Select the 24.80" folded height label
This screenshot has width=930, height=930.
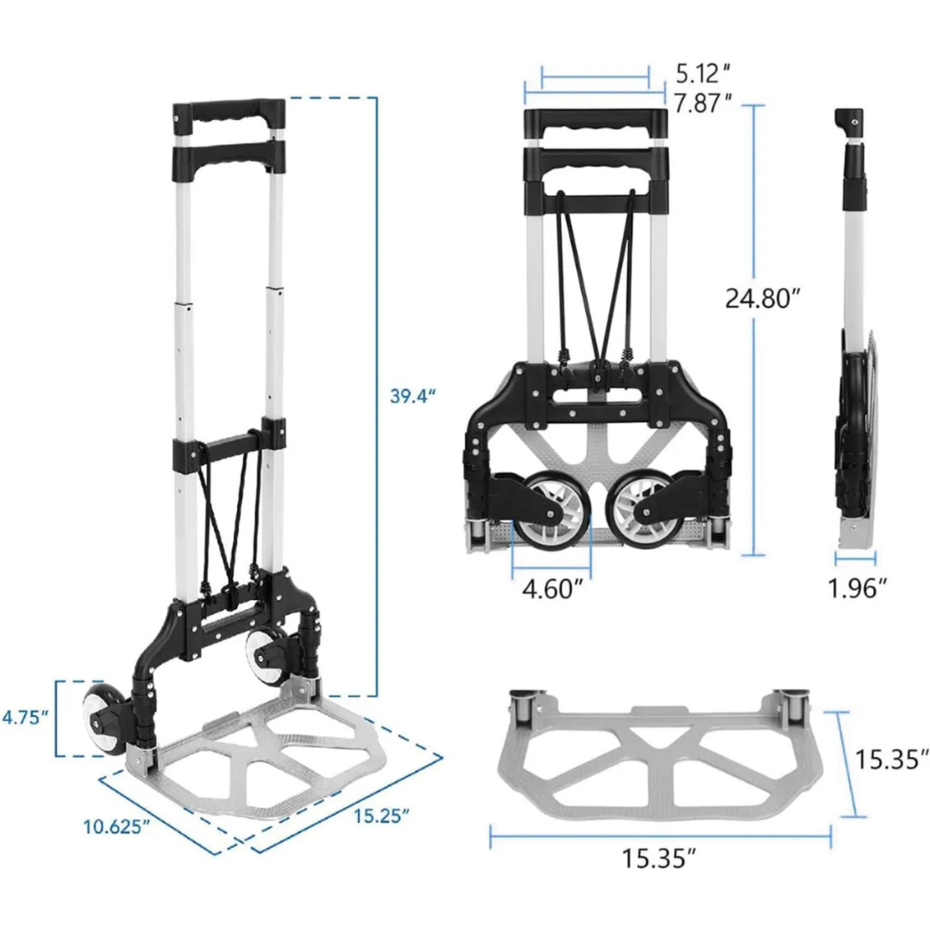(764, 299)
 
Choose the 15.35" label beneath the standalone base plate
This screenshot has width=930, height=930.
(659, 857)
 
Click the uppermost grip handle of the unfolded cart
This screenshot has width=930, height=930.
(229, 120)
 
